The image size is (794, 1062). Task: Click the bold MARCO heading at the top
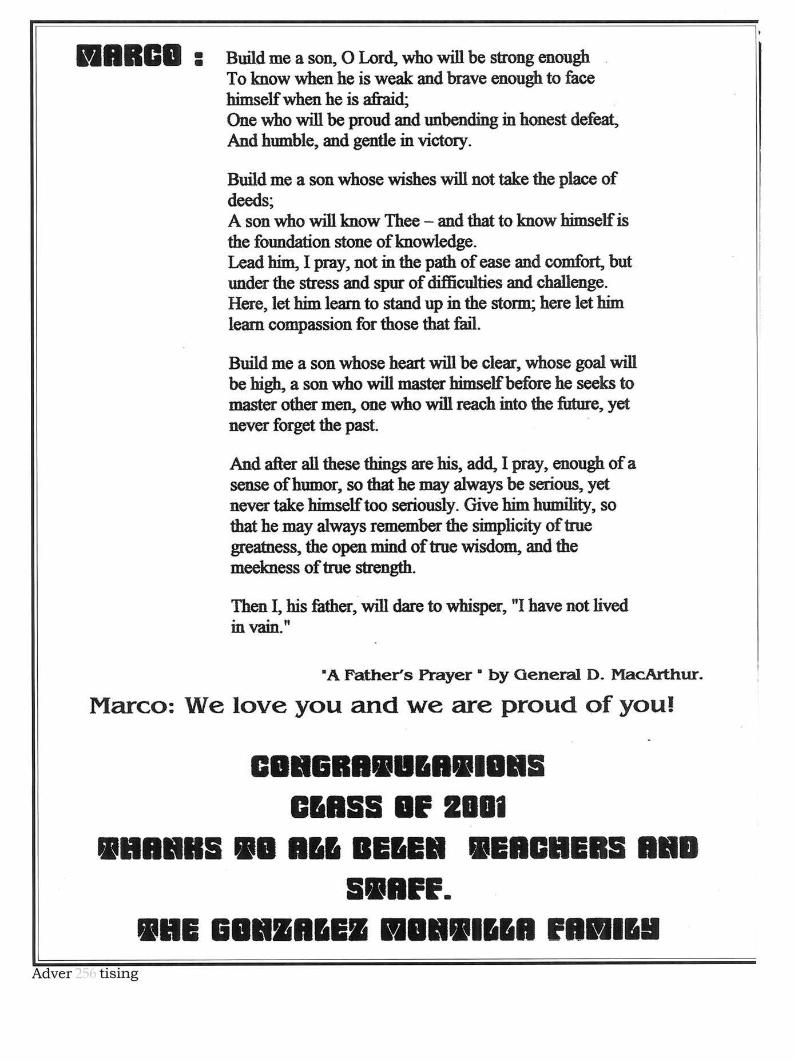[x=130, y=56]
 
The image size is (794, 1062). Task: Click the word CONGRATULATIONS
[x=398, y=766]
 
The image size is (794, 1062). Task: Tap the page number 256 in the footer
[x=86, y=973]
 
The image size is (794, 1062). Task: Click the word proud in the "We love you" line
[x=538, y=705]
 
